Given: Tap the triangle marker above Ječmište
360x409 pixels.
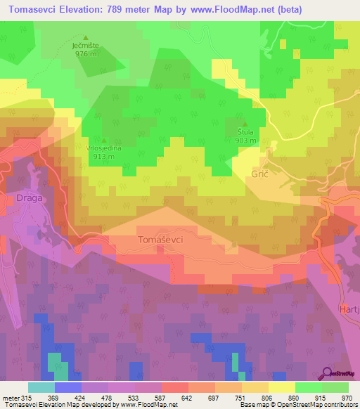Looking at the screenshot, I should pos(86,38).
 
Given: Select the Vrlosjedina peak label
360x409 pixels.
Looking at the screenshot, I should pos(104,148).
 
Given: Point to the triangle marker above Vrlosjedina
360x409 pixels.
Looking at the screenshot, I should pos(104,139).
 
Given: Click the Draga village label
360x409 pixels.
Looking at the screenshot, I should pos(29,197).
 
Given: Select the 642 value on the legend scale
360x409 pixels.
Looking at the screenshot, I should pos(186,397).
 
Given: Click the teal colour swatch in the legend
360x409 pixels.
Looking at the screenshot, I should pos(41,387).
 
